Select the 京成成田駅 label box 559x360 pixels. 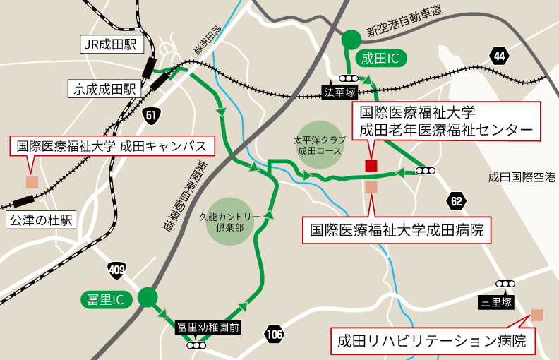105,89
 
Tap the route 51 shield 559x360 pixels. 151,115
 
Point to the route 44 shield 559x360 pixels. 500,56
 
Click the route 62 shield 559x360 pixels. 457,202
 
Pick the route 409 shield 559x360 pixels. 118,269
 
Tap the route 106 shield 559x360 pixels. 275,334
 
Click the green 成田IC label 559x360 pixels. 381,58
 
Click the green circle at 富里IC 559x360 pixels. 148,298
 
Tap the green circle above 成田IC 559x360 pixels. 351,40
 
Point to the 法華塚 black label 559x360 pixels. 339,92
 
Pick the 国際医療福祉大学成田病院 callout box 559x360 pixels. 397,230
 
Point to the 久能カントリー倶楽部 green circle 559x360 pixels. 229,221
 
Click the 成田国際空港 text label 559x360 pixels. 522,177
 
